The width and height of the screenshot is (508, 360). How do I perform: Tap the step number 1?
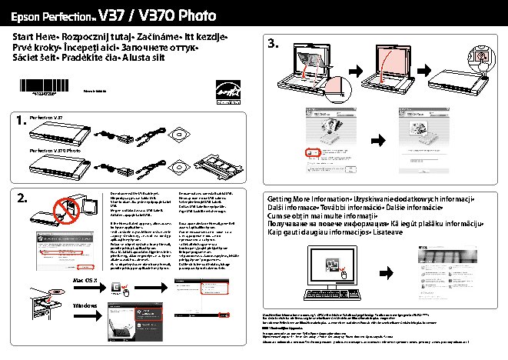coord(22,122)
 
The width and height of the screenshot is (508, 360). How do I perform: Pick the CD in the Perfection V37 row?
coord(181,131)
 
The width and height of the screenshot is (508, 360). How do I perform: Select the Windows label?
coord(86,306)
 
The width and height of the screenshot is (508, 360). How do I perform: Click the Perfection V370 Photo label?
coord(55,151)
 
